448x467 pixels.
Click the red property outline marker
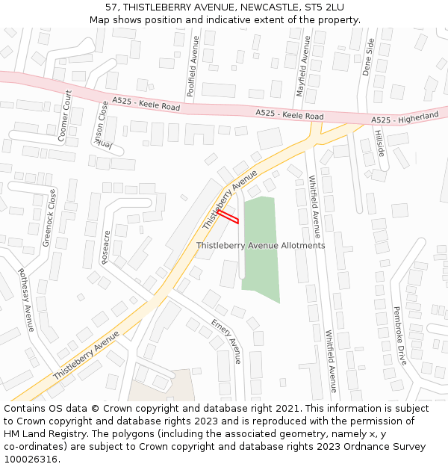(228, 217)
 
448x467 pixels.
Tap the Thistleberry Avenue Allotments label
(261, 245)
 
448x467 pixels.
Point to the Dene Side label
(367, 58)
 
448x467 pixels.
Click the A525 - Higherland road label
(405, 119)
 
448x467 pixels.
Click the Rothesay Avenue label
(26, 300)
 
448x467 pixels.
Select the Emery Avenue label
(227, 341)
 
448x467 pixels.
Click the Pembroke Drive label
(399, 335)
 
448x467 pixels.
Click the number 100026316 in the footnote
(31, 460)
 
